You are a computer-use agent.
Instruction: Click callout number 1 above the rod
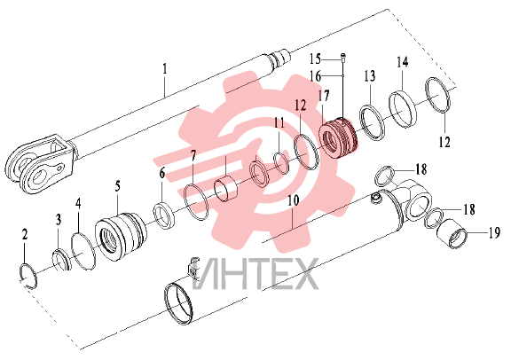click(165, 69)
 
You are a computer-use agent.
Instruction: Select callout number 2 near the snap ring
click(25, 235)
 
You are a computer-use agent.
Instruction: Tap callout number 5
click(118, 186)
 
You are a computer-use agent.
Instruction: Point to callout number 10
click(294, 200)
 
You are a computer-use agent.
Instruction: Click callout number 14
click(403, 62)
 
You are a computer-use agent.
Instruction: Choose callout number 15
click(315, 59)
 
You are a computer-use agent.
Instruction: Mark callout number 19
click(494, 233)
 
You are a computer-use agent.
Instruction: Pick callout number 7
click(193, 156)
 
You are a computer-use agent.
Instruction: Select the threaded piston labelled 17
click(338, 138)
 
